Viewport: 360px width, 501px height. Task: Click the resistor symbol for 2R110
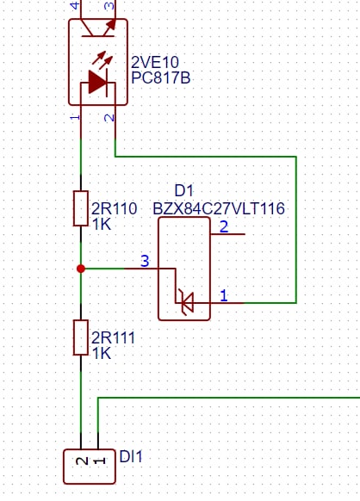(81, 208)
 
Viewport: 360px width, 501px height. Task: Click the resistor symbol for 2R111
(81, 337)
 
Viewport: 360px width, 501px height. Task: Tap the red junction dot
(81, 269)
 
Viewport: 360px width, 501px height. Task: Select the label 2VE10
(155, 62)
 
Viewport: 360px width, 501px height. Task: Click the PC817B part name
(161, 77)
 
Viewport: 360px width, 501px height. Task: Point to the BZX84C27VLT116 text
(219, 208)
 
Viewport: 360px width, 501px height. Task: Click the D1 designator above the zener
(184, 191)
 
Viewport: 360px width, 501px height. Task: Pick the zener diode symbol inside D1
(186, 302)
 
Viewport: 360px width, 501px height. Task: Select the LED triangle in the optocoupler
(97, 83)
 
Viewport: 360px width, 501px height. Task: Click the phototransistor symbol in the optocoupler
(98, 28)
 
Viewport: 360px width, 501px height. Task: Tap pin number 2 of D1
(224, 226)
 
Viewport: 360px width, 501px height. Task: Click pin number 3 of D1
(145, 261)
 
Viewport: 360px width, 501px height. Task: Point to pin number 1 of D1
(224, 295)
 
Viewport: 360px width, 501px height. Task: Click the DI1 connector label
(131, 456)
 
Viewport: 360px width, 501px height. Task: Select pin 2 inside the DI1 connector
(82, 461)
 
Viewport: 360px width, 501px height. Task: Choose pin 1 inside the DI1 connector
(99, 461)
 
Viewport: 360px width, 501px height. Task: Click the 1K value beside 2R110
(102, 225)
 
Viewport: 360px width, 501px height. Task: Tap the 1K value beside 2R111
(102, 354)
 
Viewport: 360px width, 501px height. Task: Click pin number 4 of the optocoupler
(75, 5)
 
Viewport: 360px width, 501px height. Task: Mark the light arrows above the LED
(102, 60)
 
